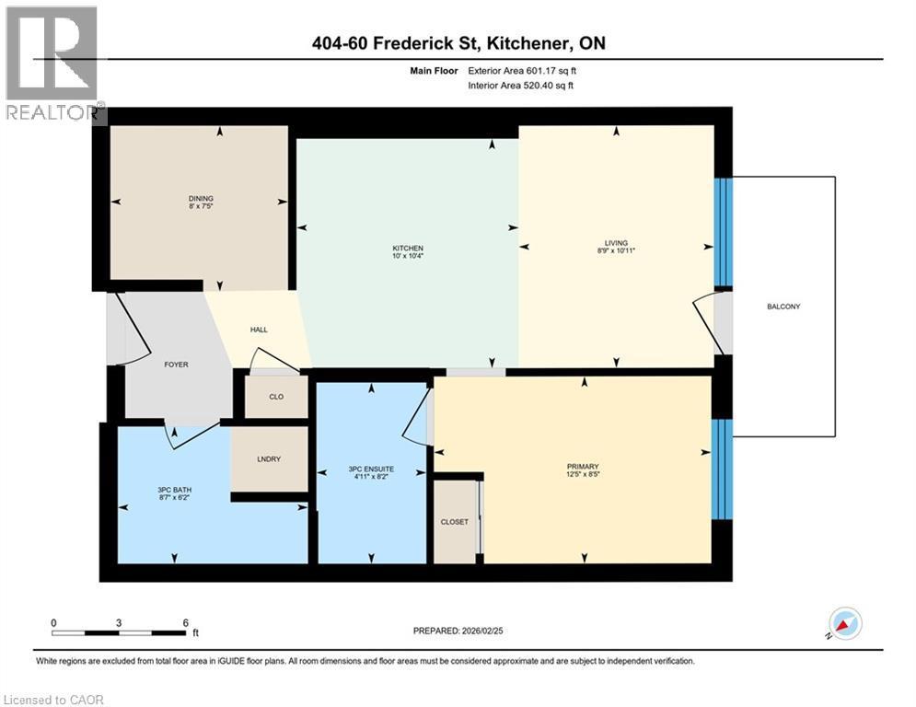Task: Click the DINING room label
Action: coord(201,198)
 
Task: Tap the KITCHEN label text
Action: coord(408,249)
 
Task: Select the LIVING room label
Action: coord(616,242)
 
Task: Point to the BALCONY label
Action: coord(783,307)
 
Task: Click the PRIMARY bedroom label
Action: coord(583,466)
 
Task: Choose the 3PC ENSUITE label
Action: coord(371,469)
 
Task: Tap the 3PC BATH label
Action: coord(175,490)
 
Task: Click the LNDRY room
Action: coord(269,458)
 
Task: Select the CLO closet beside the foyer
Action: coord(276,397)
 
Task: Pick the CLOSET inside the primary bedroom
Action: coord(455,522)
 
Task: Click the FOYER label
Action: coord(176,364)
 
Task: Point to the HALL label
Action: coord(259,330)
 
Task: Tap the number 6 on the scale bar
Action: coord(186,623)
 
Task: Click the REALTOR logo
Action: coord(52,63)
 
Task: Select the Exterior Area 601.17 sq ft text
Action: coord(522,71)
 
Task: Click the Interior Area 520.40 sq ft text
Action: coord(520,86)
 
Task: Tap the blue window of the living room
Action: coord(724,232)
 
